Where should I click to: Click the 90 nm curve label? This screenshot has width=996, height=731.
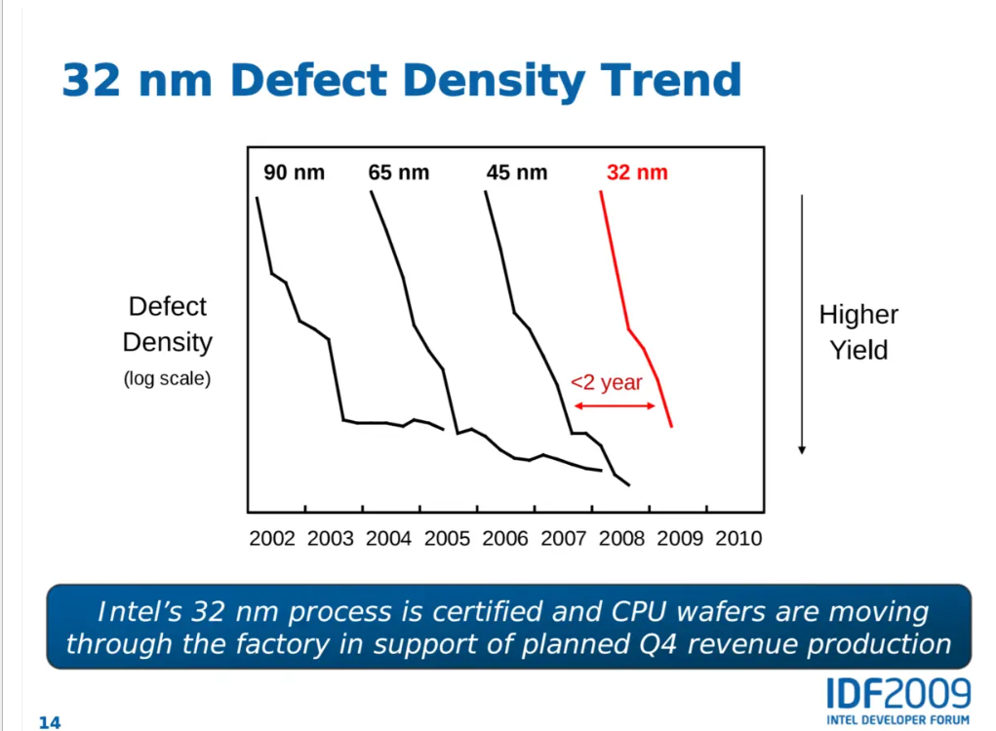pos(294,173)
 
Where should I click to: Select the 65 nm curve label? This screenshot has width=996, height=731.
pos(398,173)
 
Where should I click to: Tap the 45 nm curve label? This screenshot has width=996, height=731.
pos(517,173)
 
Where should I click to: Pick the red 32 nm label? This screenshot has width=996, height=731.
pos(637,173)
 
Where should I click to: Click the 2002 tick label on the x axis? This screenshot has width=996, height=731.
pos(272,538)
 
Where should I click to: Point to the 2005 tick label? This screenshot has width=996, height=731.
pos(448,538)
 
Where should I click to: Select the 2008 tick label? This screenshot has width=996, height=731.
pos(621,538)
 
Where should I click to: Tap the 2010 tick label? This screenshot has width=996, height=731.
pos(737,538)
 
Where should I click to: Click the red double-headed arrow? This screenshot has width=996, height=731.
pos(616,405)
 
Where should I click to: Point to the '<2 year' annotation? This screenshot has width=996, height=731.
pos(606,382)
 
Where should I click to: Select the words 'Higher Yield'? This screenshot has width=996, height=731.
pos(858,332)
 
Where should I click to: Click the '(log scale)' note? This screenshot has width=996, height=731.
pos(167,379)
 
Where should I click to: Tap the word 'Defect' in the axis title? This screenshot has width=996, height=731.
pos(168,307)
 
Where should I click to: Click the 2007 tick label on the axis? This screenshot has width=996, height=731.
pos(563,538)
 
